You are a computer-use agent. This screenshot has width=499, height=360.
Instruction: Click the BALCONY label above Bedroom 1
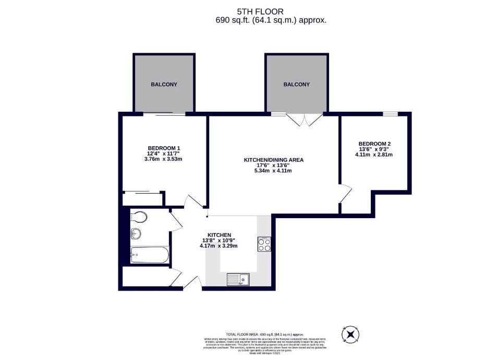point(164,85)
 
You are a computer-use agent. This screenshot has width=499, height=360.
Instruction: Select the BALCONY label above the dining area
point(296,85)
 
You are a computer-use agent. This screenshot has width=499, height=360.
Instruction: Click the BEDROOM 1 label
point(164,148)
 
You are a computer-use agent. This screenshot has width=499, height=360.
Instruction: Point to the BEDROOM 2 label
point(374,143)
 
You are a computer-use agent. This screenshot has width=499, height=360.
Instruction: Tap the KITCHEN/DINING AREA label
point(273,160)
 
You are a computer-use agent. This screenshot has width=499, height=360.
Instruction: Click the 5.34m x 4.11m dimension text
point(273,171)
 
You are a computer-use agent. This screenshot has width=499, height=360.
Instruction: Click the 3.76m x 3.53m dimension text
point(164,159)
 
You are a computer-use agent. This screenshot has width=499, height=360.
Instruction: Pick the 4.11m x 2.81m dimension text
point(374,154)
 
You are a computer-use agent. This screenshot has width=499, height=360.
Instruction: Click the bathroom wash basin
point(136,234)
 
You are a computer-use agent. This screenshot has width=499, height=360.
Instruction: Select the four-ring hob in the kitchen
point(264,245)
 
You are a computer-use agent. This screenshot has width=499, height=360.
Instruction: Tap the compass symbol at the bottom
point(350,333)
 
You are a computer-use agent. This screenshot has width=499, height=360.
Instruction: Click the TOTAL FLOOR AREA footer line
point(264,334)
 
